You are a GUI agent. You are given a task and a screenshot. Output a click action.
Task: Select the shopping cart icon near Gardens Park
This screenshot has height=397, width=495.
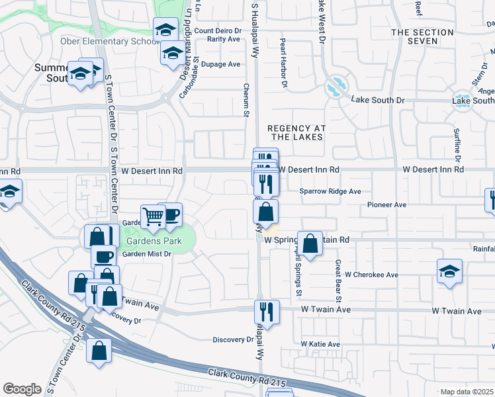[x=154, y=215]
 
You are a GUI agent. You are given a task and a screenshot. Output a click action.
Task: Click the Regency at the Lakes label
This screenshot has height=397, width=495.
[x=294, y=132]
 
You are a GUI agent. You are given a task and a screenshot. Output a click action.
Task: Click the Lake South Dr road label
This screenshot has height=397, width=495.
[x=377, y=100]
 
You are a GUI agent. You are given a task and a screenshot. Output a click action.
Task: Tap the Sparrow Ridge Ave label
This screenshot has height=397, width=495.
[x=330, y=191]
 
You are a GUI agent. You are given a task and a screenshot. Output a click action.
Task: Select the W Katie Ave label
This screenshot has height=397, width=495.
[x=320, y=344]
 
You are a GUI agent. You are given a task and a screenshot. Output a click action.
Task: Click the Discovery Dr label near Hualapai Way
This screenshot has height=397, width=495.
[x=233, y=339]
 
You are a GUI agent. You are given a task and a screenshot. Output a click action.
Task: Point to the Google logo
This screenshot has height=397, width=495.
[x=22, y=389]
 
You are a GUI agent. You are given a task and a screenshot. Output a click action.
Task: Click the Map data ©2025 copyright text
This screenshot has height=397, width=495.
[x=467, y=392]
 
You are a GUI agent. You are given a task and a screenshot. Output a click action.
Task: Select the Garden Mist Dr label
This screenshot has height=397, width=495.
[x=147, y=254]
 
